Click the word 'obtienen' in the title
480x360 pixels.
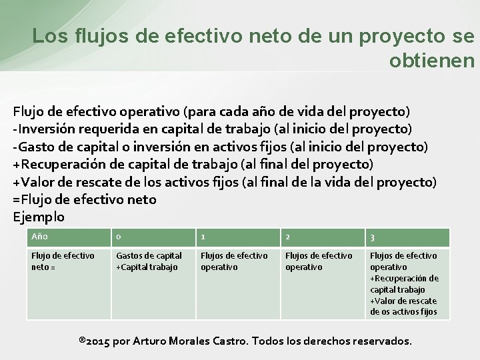tap(431, 61)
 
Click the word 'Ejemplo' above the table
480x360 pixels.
tap(39, 217)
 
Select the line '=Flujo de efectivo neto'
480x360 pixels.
tap(85, 199)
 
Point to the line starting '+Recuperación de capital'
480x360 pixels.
tap(193, 164)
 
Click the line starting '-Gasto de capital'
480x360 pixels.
tap(220, 146)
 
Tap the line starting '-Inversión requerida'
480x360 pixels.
tap(212, 128)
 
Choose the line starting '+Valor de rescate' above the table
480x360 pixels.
tap(225, 182)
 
